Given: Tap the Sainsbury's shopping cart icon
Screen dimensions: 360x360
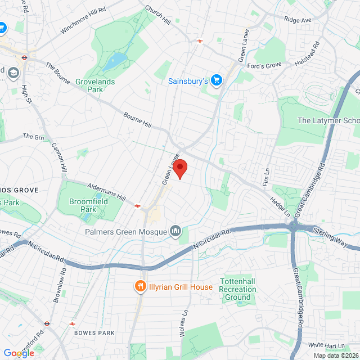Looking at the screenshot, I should (x=216, y=80).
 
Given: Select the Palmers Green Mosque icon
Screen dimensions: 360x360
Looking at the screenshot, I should (x=175, y=231).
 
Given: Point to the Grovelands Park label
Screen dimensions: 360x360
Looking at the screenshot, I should (x=94, y=85).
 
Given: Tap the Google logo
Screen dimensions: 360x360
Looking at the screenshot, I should (x=18, y=353).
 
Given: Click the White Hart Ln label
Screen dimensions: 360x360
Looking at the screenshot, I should (x=325, y=344).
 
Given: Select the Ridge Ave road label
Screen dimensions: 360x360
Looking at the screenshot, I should (x=298, y=20).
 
